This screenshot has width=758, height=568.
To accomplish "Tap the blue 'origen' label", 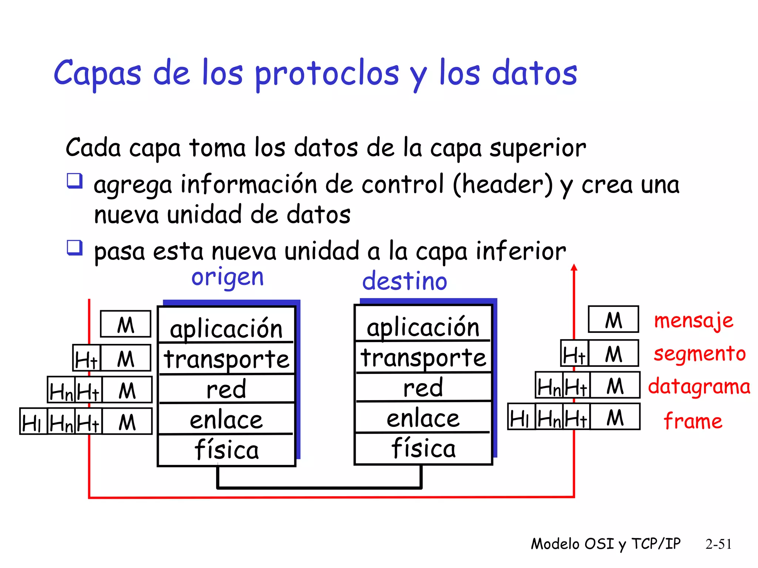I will click(x=227, y=277).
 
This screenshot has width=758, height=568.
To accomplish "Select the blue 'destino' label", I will click(x=405, y=281).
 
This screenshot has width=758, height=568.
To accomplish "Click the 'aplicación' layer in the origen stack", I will click(x=226, y=328).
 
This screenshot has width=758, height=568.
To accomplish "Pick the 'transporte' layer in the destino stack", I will click(x=423, y=357).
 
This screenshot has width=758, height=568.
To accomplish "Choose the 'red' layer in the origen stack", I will click(x=226, y=389).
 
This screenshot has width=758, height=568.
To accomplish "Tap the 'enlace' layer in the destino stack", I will click(x=423, y=418).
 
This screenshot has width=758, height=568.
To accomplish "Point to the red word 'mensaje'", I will click(x=694, y=320).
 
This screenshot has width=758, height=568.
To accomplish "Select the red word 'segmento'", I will click(x=700, y=354).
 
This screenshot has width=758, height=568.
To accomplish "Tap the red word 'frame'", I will click(x=693, y=421).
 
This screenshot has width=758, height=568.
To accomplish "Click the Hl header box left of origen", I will click(x=33, y=422).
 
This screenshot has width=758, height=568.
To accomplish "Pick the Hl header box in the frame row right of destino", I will click(x=521, y=417).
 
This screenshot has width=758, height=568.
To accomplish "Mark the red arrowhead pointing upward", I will click(x=574, y=268).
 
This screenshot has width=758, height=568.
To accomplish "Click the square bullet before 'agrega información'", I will click(x=74, y=181).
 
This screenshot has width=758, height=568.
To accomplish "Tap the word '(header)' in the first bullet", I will click(x=503, y=184).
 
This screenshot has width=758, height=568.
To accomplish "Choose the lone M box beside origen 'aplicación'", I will click(x=125, y=324).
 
